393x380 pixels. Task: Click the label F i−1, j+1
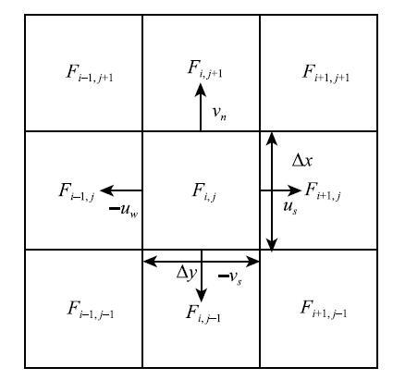[x=90, y=73]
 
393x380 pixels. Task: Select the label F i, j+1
[x=204, y=69]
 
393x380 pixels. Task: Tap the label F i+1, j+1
[x=325, y=73]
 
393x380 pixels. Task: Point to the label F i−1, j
[x=77, y=191]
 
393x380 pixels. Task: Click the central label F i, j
[x=204, y=191]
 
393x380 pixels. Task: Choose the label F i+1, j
[x=323, y=190]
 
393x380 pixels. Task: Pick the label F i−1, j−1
[x=91, y=310]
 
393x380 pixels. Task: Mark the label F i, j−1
[x=203, y=313]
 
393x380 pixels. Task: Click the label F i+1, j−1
[x=324, y=309]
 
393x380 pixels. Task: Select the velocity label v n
[x=220, y=113]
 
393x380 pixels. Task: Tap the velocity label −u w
[x=124, y=210]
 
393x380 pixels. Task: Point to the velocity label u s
[x=290, y=207]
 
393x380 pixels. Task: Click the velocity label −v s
[x=230, y=277]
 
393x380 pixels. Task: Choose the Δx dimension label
[x=302, y=160]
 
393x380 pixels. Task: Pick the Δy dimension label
[x=187, y=273]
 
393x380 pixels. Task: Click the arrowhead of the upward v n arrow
[x=201, y=91]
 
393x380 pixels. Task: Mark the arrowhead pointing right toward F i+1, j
[x=293, y=190]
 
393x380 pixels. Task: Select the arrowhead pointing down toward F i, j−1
[x=202, y=296]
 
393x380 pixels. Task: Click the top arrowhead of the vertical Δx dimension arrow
[x=272, y=139]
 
